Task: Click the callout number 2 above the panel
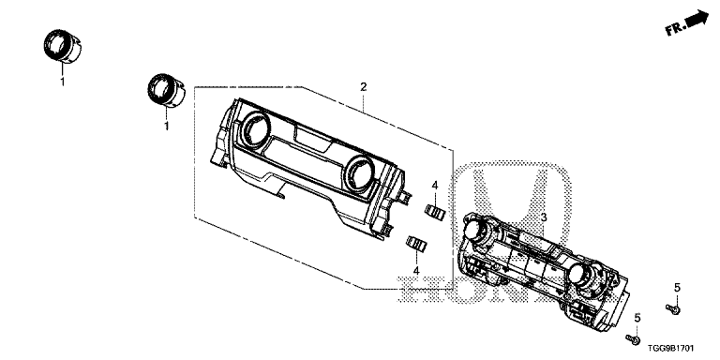coord(363,87)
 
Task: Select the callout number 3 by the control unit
coord(544,217)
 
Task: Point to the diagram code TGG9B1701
coord(671,349)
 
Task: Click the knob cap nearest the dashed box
coord(166,90)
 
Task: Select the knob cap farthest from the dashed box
coord(63,46)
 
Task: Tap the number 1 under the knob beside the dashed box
coord(167,126)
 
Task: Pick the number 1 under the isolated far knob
coord(63,82)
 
